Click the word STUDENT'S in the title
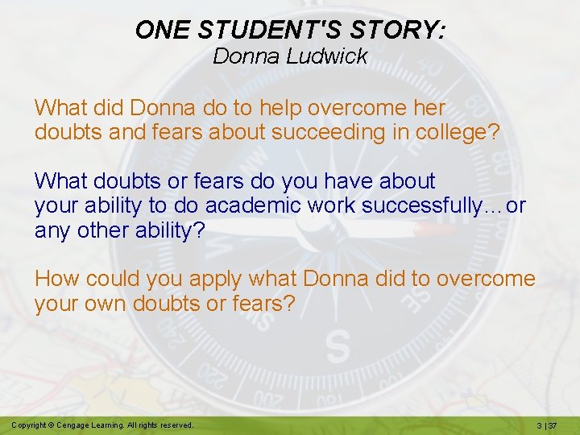(x=260, y=30)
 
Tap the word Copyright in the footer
(x=31, y=425)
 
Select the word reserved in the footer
(x=175, y=425)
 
